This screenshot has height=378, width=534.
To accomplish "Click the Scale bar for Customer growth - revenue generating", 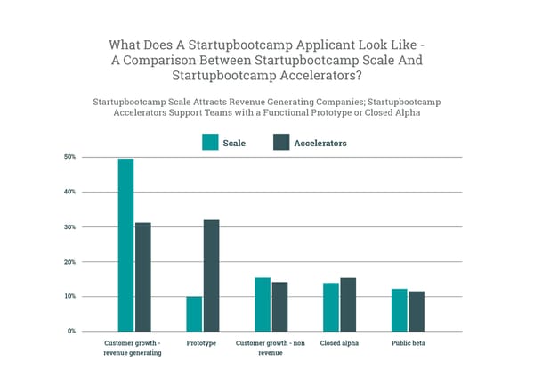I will [x=125, y=244].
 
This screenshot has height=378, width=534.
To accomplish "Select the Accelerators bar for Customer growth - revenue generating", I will [x=142, y=276].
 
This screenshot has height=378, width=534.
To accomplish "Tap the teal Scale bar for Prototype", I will [x=193, y=313].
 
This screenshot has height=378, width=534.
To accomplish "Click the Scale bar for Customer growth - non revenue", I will [x=263, y=304].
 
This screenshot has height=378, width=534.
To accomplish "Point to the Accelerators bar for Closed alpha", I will [x=348, y=304].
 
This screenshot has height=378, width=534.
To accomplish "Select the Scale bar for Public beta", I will [x=400, y=309].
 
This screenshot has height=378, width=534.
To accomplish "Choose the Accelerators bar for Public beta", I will [x=417, y=310].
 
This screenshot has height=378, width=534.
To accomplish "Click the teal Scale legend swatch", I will [x=211, y=142].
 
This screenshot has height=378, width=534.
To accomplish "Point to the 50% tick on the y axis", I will [x=70, y=157].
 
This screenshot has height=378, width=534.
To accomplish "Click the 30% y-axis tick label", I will [x=70, y=227].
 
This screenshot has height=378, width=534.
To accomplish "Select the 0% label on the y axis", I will [x=72, y=331].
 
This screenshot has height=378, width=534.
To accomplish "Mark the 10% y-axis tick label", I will [x=70, y=296].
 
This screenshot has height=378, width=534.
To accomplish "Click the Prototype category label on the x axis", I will [x=202, y=343].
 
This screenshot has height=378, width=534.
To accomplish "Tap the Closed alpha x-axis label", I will [x=339, y=343].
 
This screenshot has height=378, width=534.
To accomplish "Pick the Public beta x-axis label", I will [x=408, y=343].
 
